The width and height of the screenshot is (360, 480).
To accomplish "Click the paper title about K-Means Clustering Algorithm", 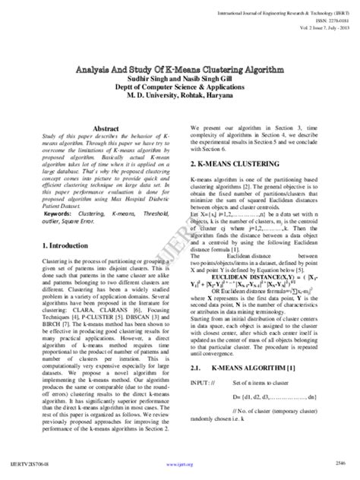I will click(x=179, y=69).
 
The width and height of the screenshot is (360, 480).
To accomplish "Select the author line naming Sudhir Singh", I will click(x=179, y=78).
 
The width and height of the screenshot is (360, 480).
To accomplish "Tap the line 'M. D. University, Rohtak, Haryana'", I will click(x=179, y=96).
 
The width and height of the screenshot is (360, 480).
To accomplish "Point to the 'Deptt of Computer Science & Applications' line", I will click(x=179, y=87).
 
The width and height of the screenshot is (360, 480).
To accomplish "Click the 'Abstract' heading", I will click(x=105, y=130).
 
